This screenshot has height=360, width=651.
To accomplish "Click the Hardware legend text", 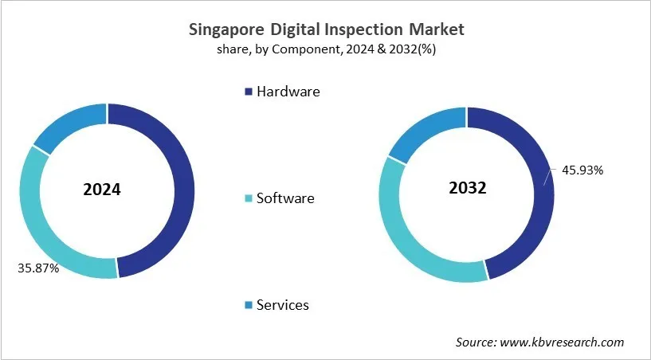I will point(288,92).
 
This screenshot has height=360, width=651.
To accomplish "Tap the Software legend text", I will point(285,198).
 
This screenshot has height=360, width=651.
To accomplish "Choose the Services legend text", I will point(283,305).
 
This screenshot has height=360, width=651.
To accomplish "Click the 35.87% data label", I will point(38,268).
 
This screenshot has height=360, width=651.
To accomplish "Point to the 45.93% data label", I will point(582,170).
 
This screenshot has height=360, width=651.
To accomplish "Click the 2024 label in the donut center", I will point(102,190).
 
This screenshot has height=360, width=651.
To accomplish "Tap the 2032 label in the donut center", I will point(466,189).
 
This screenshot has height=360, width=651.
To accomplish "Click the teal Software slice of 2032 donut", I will point(406,239).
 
